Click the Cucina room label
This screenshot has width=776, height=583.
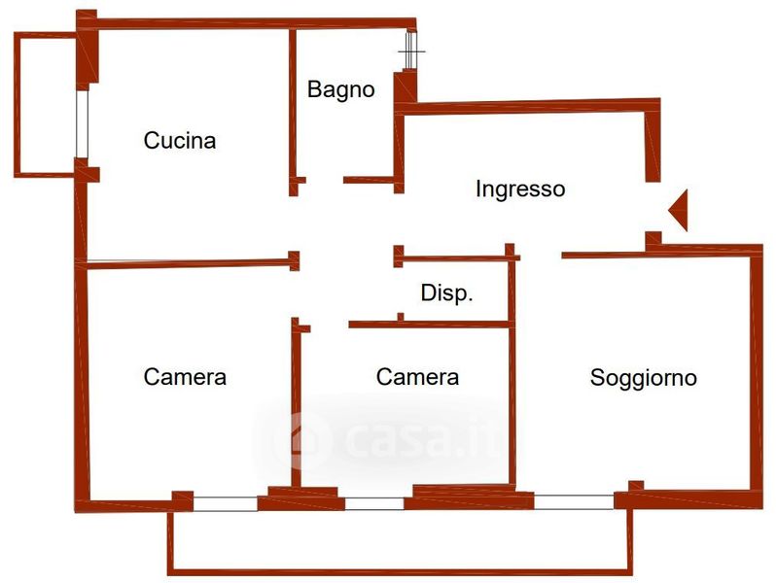(180, 141)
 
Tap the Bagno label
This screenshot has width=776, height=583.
(340, 89)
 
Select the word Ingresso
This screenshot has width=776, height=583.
(519, 189)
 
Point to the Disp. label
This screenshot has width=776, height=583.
(446, 293)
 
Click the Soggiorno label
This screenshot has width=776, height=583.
(643, 377)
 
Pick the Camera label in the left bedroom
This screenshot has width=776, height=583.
(185, 376)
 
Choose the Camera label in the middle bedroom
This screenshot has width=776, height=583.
(417, 376)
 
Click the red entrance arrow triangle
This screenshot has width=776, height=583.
(679, 209)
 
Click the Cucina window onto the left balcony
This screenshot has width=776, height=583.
(82, 124)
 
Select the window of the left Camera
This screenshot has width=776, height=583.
(226, 503)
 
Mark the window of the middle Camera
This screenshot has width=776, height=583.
(374, 503)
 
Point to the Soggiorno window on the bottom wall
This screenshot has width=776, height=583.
(574, 502)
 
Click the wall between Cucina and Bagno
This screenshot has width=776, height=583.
(292, 107)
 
